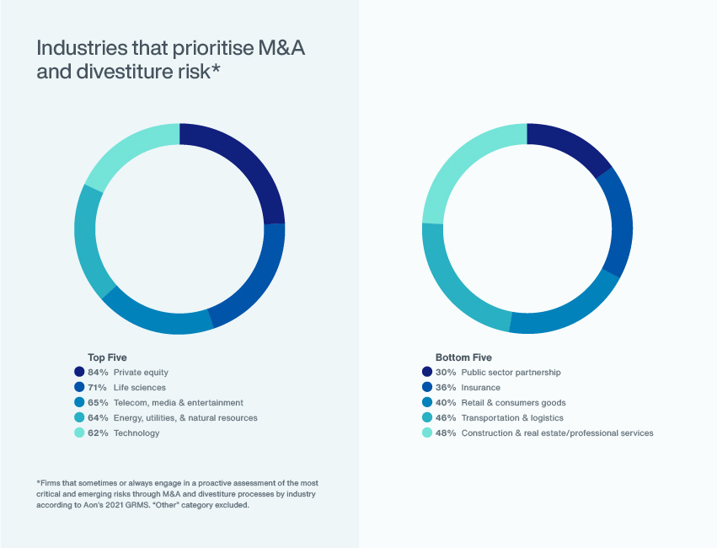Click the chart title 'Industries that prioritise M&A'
(170, 48)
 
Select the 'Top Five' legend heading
(107, 357)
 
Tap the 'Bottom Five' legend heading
(463, 357)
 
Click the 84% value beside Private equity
(98, 372)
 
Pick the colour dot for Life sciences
(79, 387)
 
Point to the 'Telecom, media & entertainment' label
(178, 402)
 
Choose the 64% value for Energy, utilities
(98, 417)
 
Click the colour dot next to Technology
(79, 432)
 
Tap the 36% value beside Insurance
(445, 387)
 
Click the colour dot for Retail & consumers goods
(426, 402)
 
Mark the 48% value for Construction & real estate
(445, 432)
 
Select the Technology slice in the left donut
(126, 152)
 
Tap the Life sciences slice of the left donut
(257, 278)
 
